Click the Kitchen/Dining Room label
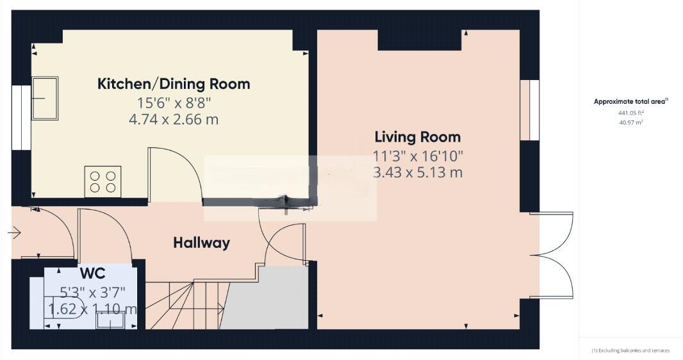174,84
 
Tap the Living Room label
417,136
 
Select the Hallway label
201,243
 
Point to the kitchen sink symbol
45,98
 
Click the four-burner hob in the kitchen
103,181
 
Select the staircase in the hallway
186,305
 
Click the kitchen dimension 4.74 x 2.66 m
174,119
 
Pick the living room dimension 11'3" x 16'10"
417,154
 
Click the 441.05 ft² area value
630,112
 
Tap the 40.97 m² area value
630,122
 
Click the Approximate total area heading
630,101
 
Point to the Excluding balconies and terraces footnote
630,350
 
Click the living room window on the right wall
529,110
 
